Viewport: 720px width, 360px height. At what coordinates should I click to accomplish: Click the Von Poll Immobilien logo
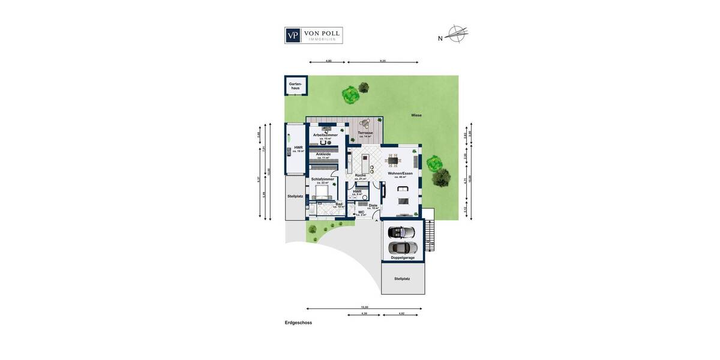313,35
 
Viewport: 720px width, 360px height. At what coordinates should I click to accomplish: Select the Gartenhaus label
295,86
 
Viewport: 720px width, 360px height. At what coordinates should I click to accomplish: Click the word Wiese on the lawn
416,115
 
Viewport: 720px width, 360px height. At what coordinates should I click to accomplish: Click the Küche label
360,176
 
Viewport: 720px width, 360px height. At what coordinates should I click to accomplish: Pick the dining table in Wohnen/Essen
393,160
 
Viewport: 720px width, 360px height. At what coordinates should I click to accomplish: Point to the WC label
361,212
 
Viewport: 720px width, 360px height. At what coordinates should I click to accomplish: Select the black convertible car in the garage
401,232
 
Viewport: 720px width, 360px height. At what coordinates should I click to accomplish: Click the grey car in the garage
402,247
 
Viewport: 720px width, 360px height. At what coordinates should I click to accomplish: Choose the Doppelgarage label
403,257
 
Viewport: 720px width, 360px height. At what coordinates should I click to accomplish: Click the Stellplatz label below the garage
402,279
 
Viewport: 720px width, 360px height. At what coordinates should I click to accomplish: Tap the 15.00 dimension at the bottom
364,307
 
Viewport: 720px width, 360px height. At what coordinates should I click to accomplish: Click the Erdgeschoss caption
298,323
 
